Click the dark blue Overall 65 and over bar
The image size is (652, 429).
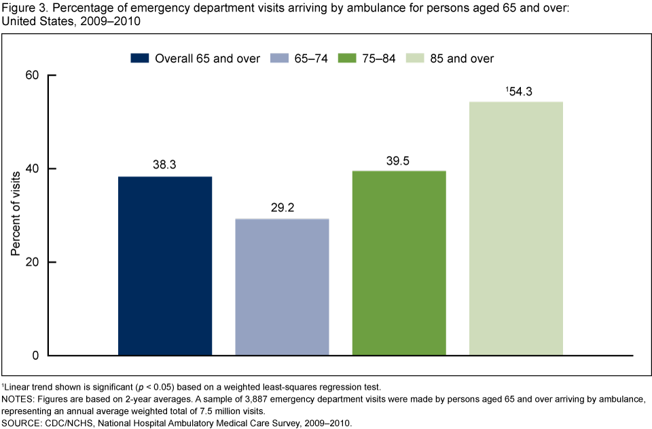[x=164, y=265]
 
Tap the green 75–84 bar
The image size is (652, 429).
[x=399, y=263]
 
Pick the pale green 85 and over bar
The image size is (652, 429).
[x=516, y=228]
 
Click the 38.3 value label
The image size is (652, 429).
[x=165, y=164]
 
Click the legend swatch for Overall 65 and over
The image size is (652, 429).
[x=140, y=58]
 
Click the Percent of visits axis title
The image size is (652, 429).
[x=15, y=215]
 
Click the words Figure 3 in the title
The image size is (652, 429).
[x=23, y=9]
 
